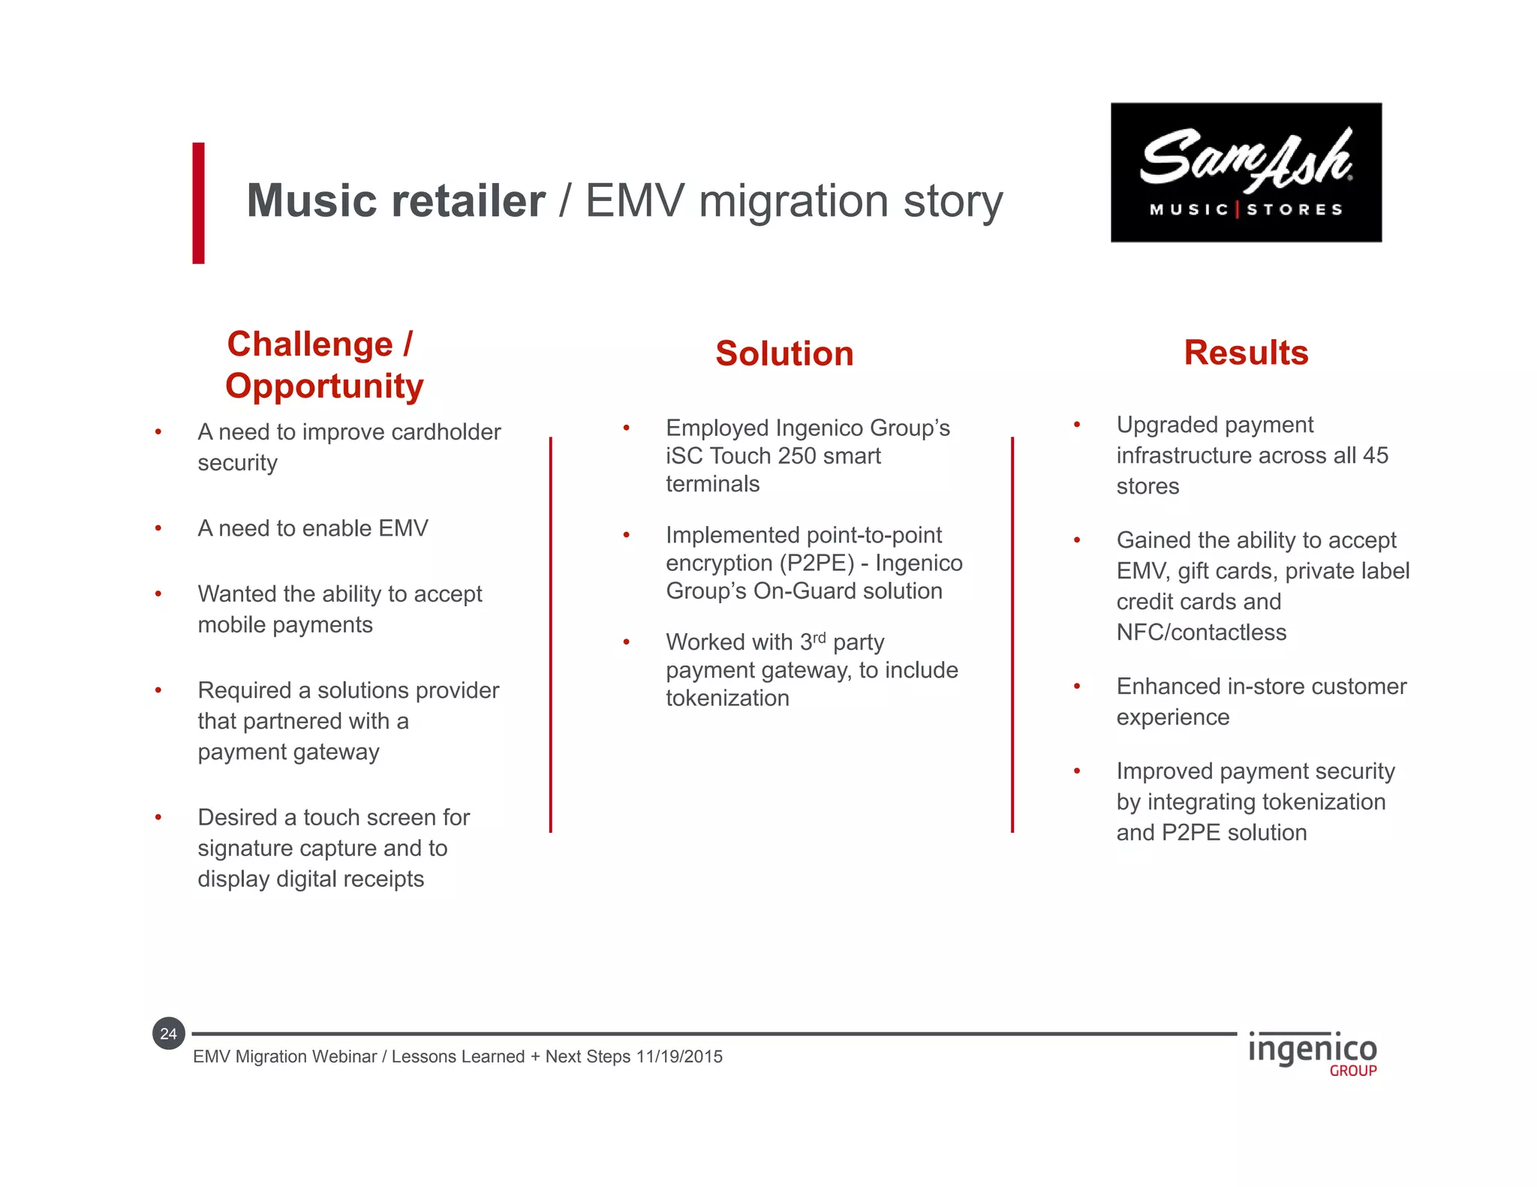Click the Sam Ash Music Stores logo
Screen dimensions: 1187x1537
coord(1246,172)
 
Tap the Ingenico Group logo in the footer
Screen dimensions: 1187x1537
coord(1312,1053)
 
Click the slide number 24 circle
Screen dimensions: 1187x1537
coord(169,1034)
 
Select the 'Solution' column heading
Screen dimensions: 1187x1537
coord(784,353)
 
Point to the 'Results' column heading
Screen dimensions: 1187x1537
coord(1246,353)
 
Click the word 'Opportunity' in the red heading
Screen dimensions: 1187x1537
coord(324,386)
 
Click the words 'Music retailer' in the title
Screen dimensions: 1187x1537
coord(396,201)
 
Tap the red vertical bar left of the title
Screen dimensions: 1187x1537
coord(198,203)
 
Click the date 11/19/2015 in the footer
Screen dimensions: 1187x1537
coord(679,1056)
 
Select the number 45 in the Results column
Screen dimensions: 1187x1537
coord(1375,455)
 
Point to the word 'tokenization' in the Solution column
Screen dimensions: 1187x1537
coord(727,699)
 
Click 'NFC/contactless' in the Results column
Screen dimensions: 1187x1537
coord(1201,633)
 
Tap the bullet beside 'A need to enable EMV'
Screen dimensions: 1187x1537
coord(158,529)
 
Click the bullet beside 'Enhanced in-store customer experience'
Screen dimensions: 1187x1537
coord(1077,687)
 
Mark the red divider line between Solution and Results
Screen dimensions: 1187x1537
coord(1012,634)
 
